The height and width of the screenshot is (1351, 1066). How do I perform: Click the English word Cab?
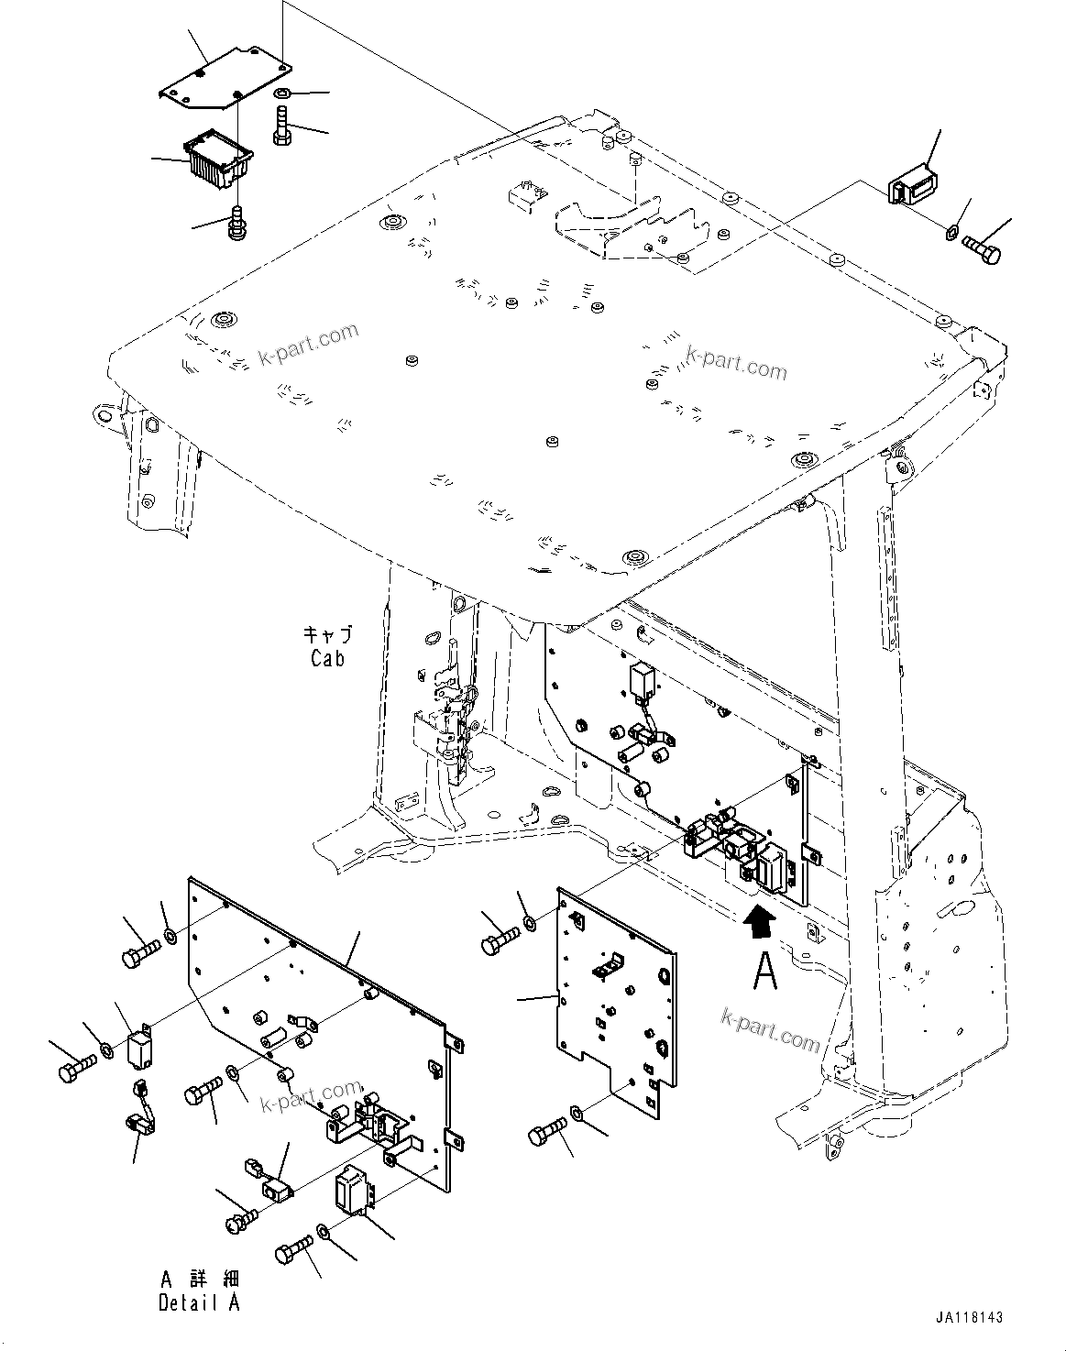point(327,657)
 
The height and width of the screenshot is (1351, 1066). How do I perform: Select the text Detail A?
point(199,1302)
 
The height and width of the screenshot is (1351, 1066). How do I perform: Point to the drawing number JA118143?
point(970,1317)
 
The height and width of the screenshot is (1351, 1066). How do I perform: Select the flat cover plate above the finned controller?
point(225,83)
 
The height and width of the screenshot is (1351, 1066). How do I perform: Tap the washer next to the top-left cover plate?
point(283,94)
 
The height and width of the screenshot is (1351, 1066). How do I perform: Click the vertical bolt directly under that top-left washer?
point(281,126)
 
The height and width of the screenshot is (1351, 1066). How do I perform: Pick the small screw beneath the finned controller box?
point(236,223)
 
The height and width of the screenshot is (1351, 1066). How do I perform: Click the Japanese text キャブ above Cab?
point(327,634)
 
